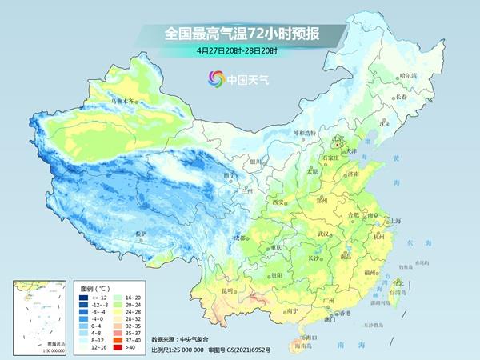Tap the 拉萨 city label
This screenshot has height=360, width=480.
(142, 234)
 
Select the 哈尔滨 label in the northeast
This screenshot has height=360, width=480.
(408, 75)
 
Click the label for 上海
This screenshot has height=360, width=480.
(393, 220)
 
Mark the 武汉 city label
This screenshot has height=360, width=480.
(324, 234)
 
